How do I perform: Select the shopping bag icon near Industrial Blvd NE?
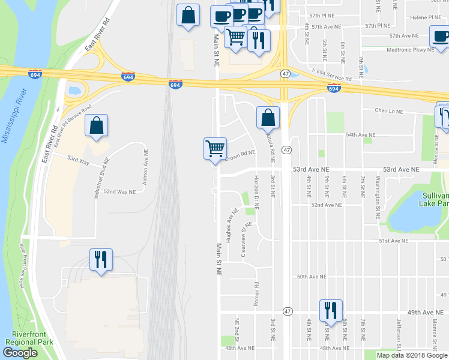coord(96,126)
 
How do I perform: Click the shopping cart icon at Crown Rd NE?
coord(215,148)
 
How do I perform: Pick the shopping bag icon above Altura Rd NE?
coord(268,118)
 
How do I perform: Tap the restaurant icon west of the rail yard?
coord(100,260)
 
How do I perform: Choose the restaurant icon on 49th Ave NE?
coord(330,310)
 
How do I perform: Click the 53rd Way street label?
coord(78,161)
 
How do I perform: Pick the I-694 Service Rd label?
coord(331,79)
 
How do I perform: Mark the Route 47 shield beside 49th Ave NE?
coord(288,311)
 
